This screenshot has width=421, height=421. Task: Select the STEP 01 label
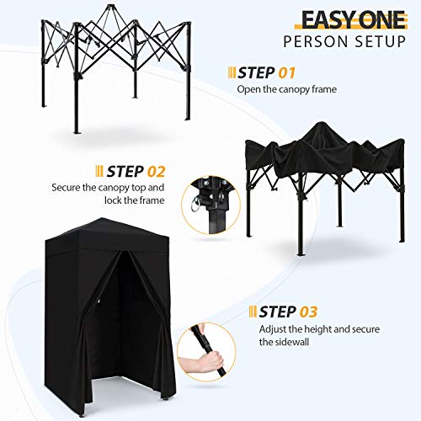click(x=269, y=72)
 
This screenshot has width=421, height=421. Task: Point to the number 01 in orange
click(x=287, y=72)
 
